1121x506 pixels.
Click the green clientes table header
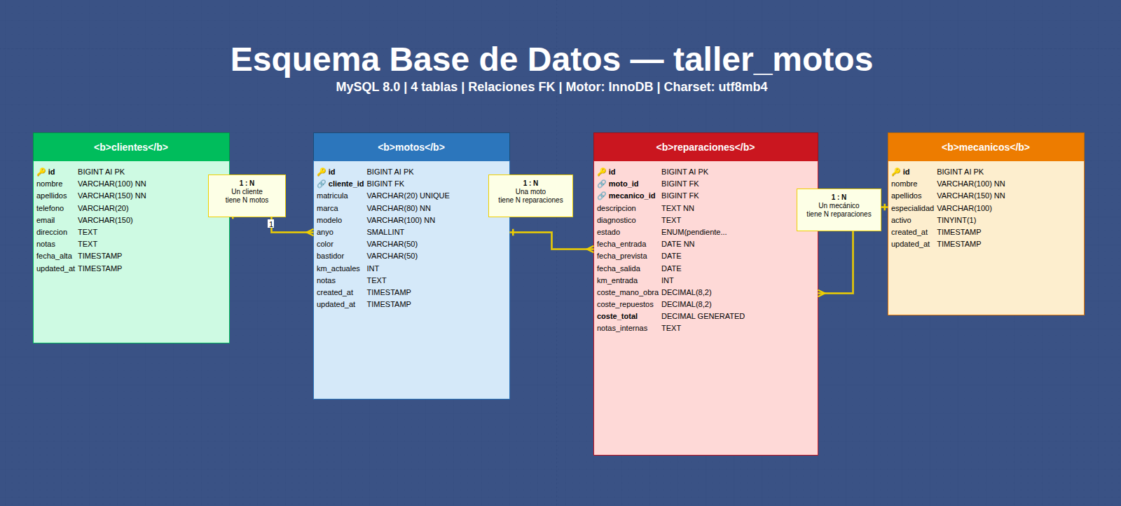[x=131, y=147]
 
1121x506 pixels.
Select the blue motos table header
[x=411, y=147]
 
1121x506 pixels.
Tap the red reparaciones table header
[x=706, y=147]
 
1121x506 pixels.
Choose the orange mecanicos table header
[x=986, y=147]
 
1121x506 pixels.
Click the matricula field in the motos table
[x=332, y=196]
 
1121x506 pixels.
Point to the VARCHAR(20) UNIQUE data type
[x=408, y=196]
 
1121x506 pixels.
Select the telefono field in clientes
[x=50, y=208]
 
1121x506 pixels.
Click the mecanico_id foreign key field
[x=631, y=196]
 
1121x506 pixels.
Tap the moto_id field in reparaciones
[x=623, y=184]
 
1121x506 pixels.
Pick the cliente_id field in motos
[x=345, y=184]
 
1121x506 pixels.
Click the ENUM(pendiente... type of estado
[x=694, y=233]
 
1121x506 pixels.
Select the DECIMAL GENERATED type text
[x=703, y=317]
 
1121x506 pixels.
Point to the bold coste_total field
[x=617, y=317]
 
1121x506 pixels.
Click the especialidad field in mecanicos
[x=912, y=208]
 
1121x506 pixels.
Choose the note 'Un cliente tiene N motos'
[x=247, y=196]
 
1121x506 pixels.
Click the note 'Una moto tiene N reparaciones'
[x=530, y=196]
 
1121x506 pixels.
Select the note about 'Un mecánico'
[x=839, y=210]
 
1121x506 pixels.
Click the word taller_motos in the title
[x=773, y=60]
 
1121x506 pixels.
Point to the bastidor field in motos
[x=330, y=257]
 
